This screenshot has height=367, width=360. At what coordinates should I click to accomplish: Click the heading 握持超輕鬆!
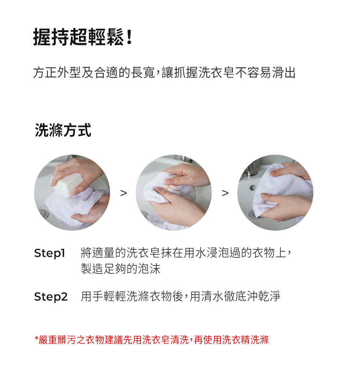click(83, 37)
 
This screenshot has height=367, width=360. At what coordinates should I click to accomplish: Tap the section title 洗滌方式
click(63, 130)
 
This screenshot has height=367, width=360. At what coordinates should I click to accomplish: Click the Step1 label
click(50, 253)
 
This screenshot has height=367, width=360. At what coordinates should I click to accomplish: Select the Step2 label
click(51, 297)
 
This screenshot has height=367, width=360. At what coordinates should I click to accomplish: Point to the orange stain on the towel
click(171, 187)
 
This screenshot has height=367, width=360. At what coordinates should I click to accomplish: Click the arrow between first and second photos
click(123, 193)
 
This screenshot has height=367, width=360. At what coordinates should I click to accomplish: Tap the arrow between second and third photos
click(225, 193)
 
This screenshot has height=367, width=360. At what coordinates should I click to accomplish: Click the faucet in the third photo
click(250, 169)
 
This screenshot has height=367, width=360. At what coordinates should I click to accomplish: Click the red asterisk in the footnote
click(36, 338)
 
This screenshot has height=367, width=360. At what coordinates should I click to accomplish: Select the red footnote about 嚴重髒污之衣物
click(152, 340)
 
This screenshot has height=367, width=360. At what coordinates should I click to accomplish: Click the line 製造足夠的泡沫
click(120, 268)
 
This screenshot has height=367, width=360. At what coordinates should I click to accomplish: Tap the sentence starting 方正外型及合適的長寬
click(164, 72)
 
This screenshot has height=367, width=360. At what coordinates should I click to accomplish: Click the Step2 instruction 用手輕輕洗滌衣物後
click(180, 296)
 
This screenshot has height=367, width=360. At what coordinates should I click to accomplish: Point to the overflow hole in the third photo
click(253, 188)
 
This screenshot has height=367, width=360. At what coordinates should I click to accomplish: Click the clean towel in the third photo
click(281, 187)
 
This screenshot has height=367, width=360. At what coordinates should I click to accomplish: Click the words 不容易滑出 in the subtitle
click(265, 72)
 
